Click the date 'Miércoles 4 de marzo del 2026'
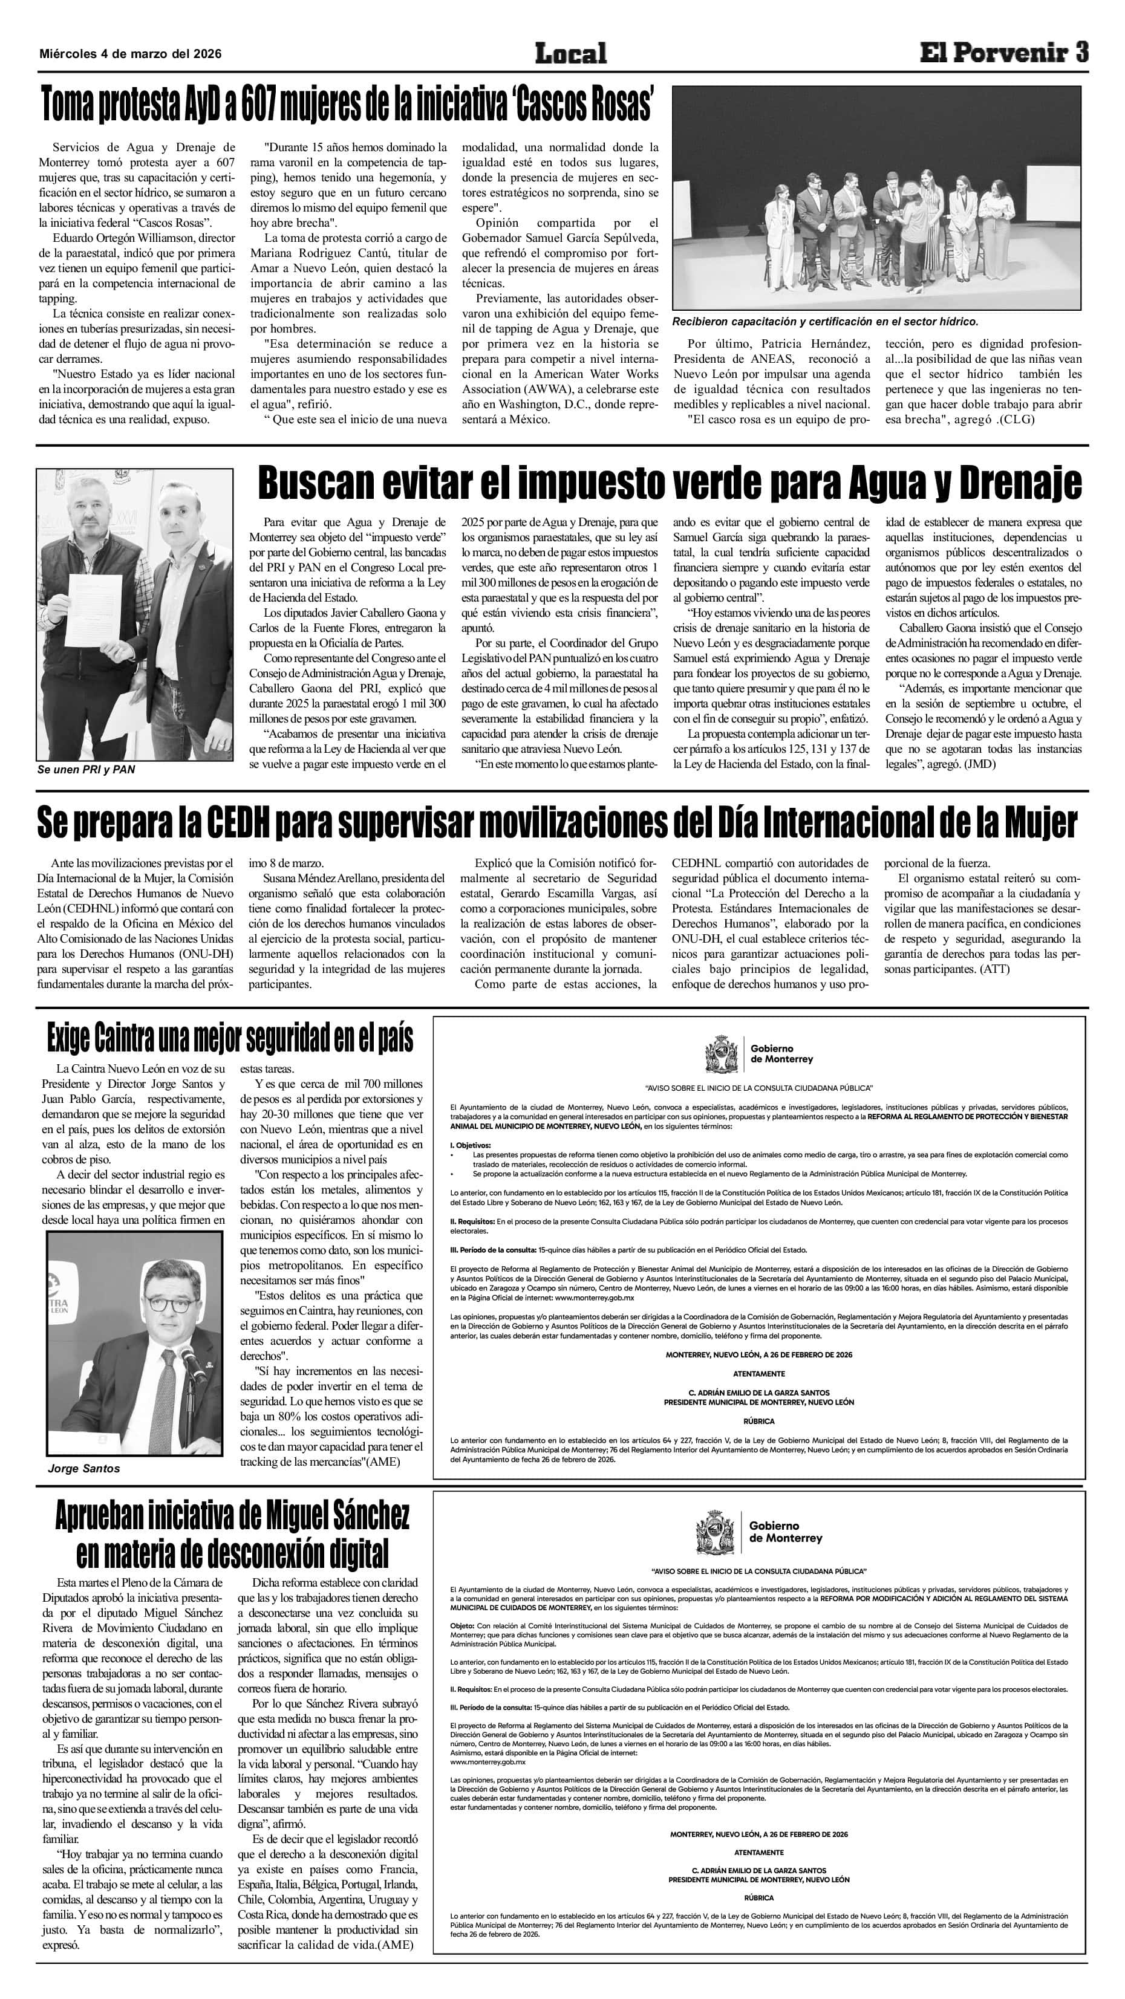(x=131, y=54)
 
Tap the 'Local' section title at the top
(x=570, y=54)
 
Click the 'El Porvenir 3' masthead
(x=1004, y=53)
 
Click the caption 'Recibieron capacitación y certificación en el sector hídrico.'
(x=826, y=321)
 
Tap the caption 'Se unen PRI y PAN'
(x=86, y=770)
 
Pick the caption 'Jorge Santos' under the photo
(x=84, y=1468)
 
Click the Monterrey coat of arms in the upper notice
(x=722, y=1055)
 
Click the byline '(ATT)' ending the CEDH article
(x=994, y=969)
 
